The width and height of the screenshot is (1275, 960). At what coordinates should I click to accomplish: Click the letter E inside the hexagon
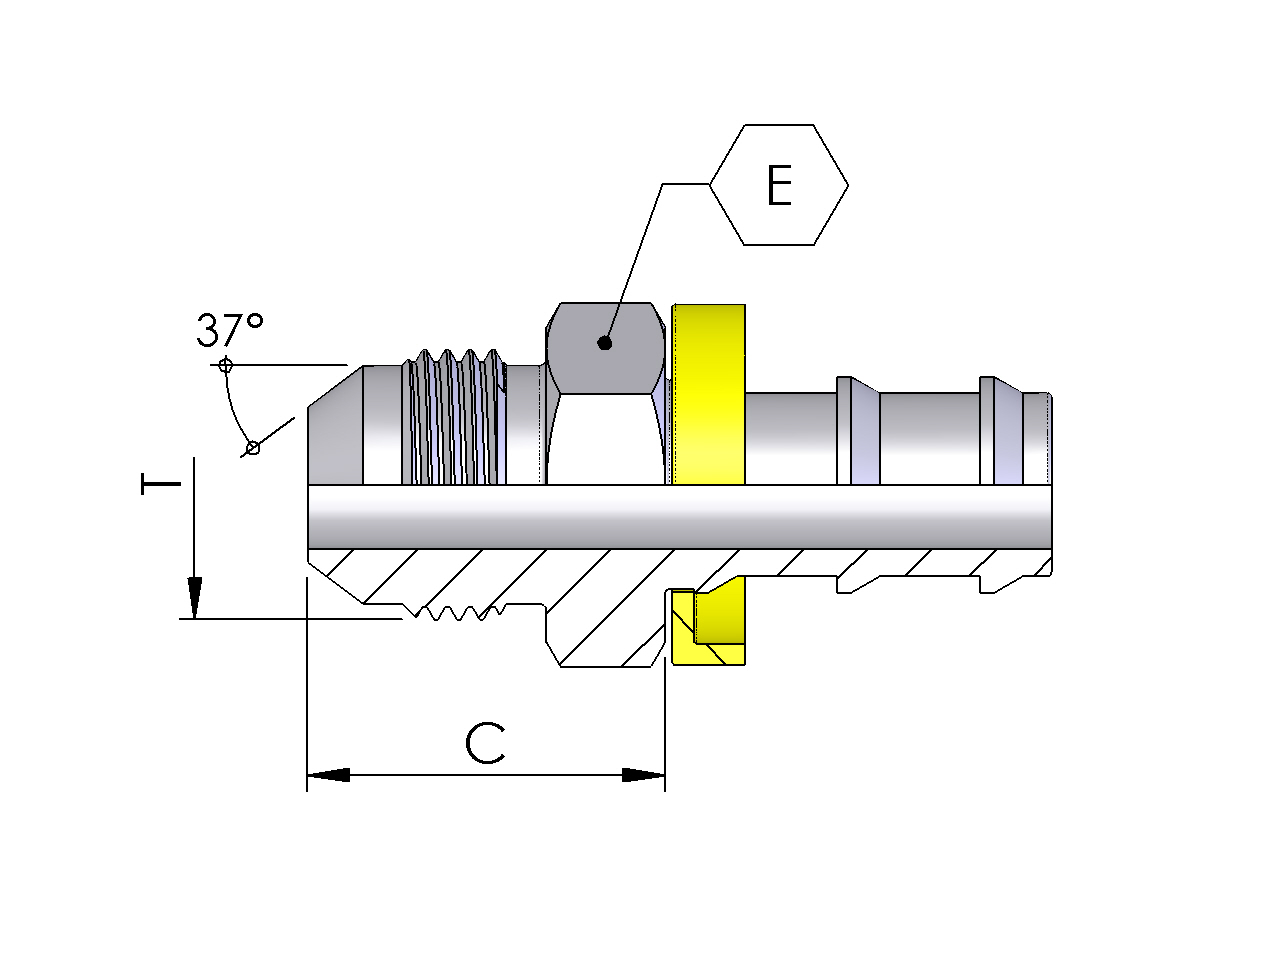tap(779, 185)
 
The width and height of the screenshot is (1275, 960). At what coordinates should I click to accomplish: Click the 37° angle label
tap(230, 330)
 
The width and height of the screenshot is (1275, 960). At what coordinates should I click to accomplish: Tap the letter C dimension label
tap(485, 743)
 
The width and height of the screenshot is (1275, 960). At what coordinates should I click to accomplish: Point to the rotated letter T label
tap(161, 484)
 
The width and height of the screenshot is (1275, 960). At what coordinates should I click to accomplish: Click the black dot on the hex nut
tap(604, 343)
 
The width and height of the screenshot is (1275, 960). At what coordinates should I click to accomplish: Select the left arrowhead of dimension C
tap(328, 775)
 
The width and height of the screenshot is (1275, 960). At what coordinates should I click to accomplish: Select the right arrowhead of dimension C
tap(643, 775)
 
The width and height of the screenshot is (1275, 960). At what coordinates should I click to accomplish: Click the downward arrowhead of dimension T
tap(195, 598)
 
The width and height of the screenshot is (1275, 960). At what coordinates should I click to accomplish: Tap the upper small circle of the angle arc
tap(225, 365)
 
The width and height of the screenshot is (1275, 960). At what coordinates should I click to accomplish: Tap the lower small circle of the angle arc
tap(253, 448)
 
